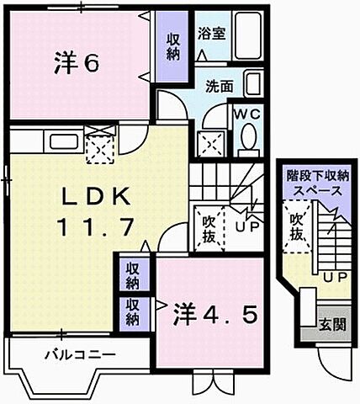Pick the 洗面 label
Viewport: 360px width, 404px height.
[x=220, y=85]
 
